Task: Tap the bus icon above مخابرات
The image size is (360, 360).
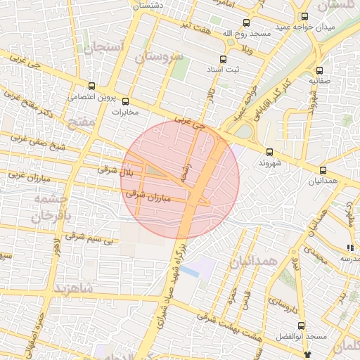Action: [x=126, y=101]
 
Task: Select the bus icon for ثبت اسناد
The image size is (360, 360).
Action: [x=224, y=59]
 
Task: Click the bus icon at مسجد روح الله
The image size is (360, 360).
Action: [x=245, y=22]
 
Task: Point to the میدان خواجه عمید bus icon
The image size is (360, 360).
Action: [x=304, y=16]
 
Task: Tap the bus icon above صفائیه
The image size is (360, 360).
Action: [x=320, y=70]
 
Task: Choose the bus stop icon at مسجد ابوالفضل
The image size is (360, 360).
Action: [x=302, y=326]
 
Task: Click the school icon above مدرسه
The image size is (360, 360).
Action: [x=349, y=247]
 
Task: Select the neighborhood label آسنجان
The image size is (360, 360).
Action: [x=104, y=48]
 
